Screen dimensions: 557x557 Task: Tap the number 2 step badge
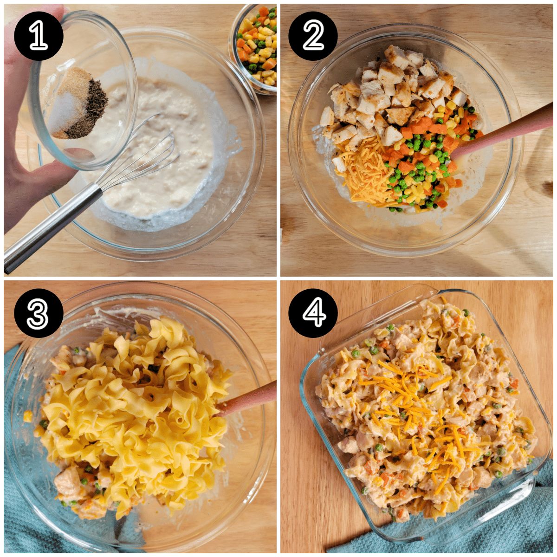pos(313,36)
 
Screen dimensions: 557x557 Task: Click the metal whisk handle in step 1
pos(51,227)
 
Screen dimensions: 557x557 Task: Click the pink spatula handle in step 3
pos(248,399)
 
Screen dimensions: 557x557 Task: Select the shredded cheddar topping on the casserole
pos(408,408)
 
